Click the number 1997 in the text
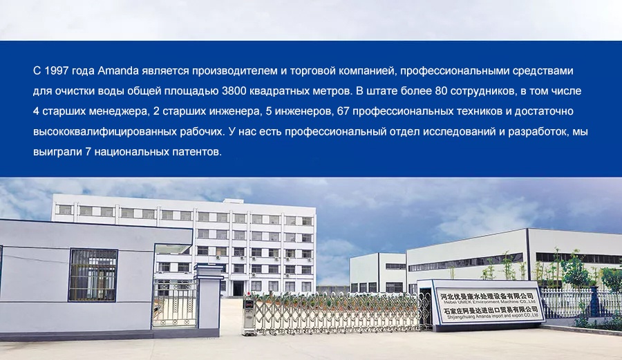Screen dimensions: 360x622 tap(57, 71)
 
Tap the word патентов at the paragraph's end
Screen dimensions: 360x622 tap(197, 152)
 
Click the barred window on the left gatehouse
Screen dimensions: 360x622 tap(93, 274)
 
